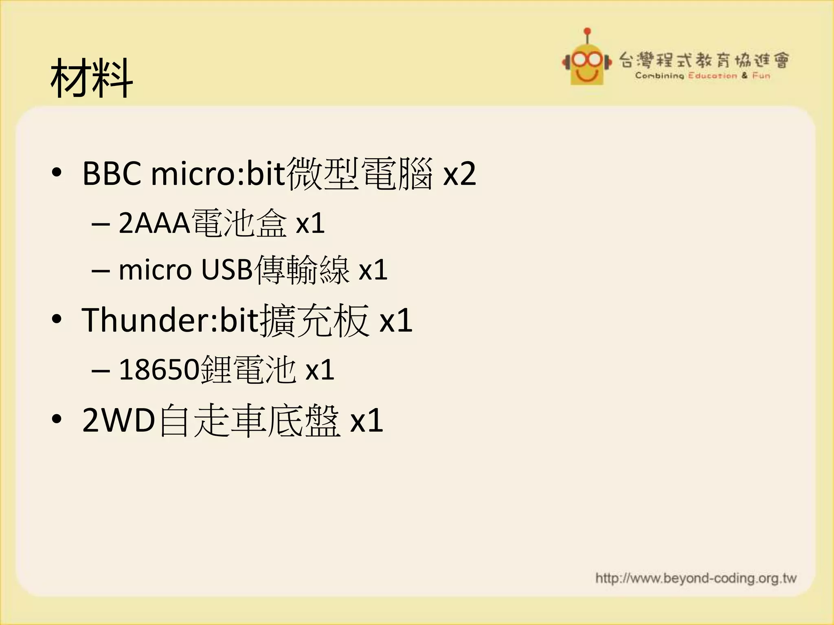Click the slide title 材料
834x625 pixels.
92,78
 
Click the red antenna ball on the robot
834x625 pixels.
587,31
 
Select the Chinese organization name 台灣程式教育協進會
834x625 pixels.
704,60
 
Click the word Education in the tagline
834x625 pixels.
712,76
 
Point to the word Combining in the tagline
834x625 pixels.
659,76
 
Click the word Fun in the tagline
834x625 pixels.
761,76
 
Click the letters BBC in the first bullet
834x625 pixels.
112,174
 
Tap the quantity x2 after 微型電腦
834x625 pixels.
459,174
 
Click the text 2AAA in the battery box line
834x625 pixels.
154,223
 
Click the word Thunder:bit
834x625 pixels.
170,321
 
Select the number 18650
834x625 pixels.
159,370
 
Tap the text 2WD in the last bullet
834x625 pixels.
119,420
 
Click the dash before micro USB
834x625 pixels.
101,271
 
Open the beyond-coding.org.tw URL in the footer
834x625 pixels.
696,578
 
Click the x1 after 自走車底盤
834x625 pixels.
367,420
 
